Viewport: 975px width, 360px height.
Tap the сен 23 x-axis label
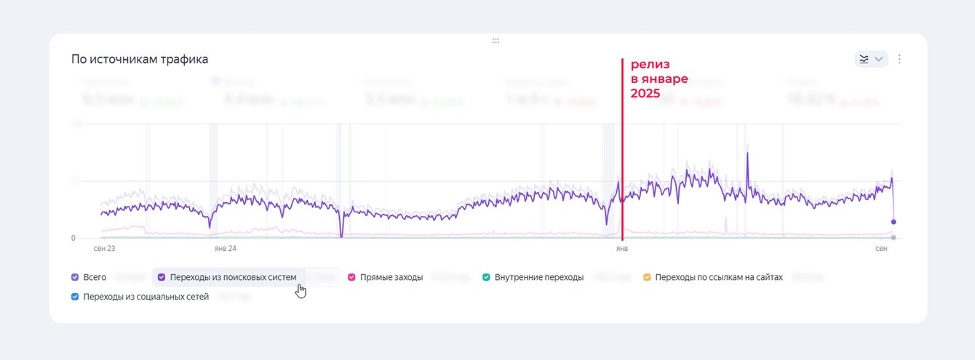pos(105,249)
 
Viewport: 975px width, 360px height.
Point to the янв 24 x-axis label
pos(226,249)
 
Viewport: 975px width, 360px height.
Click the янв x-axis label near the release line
pos(622,249)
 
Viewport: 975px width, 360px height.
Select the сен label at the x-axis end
pos(882,249)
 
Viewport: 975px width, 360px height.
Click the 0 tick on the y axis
pos(73,238)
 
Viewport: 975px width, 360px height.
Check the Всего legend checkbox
pos(75,277)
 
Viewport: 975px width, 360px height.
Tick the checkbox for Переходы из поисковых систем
pos(162,277)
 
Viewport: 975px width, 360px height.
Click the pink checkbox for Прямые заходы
pos(352,277)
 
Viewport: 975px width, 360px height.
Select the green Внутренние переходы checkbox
pos(486,277)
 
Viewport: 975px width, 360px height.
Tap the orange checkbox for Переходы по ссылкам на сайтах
pos(647,277)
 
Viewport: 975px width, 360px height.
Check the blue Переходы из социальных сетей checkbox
pos(75,297)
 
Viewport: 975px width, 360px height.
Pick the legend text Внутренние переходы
pos(538,277)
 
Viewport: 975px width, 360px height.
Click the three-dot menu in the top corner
pos(899,59)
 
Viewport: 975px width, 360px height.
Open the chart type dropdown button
pos(871,59)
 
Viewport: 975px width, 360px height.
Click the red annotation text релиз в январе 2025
pos(658,79)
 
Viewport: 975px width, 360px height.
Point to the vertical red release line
pos(622,145)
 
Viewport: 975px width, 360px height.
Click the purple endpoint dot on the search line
pos(894,222)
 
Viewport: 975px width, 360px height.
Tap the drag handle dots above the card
pos(496,41)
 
